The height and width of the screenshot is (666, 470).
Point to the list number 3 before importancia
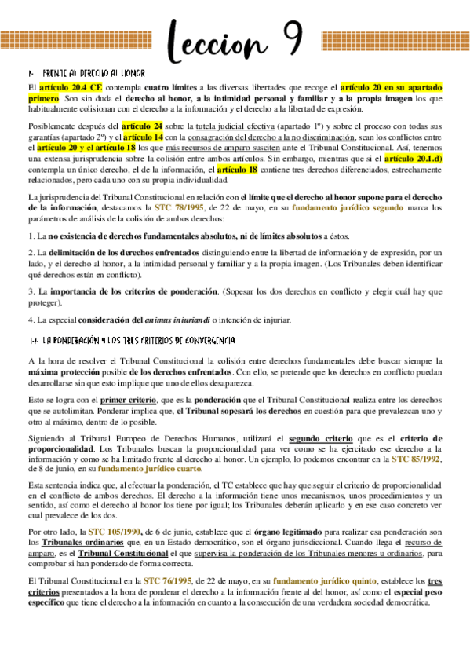(30, 292)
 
